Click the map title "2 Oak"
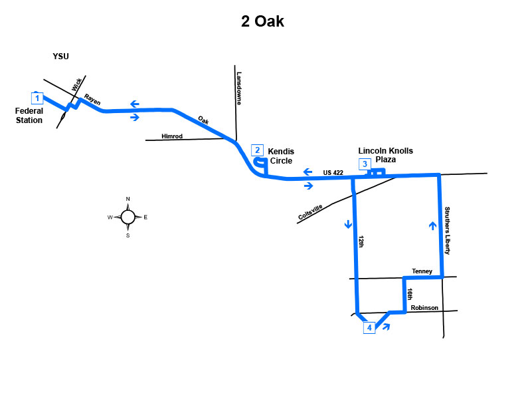click(262, 21)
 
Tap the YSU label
click(60, 57)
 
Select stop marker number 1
click(37, 98)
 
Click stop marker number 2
click(257, 150)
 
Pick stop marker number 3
click(365, 164)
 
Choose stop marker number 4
click(369, 328)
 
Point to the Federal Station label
click(29, 116)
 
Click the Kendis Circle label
click(281, 156)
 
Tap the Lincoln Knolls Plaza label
click(385, 155)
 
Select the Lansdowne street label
click(239, 88)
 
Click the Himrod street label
click(172, 136)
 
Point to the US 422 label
click(333, 173)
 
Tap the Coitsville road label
click(310, 212)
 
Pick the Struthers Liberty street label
click(447, 231)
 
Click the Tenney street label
click(422, 271)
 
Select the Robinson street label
click(424, 308)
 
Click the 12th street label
click(361, 241)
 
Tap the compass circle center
click(128, 217)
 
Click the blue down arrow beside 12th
click(348, 224)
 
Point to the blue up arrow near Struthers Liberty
click(432, 225)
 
